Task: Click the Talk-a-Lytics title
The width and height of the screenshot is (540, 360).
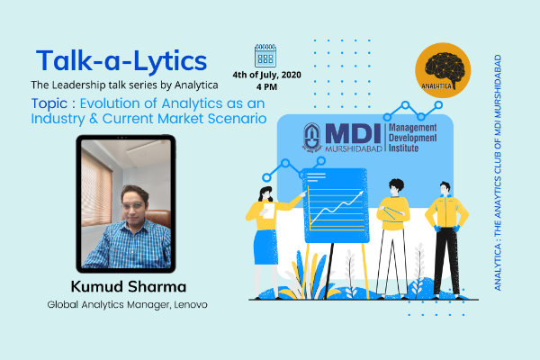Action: click(121, 61)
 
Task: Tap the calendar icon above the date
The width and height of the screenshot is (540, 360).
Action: click(265, 56)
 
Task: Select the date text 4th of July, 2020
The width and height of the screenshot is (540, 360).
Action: click(267, 75)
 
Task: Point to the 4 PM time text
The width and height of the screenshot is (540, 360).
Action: click(266, 86)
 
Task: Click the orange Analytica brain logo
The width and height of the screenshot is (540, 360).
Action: click(443, 70)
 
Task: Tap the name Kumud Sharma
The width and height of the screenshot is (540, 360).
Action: click(129, 286)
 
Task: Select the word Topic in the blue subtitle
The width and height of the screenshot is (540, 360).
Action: click(49, 103)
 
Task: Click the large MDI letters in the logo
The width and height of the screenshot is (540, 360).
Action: click(354, 134)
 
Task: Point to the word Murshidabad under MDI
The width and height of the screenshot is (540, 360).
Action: click(354, 148)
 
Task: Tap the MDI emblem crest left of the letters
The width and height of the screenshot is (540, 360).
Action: click(311, 138)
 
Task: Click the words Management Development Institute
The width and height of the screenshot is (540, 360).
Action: click(412, 138)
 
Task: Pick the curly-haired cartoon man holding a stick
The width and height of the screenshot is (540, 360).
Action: click(393, 238)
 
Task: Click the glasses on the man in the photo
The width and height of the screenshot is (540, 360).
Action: click(133, 206)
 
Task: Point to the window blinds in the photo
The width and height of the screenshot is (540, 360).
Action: click(96, 189)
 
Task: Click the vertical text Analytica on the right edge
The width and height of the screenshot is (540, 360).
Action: click(498, 265)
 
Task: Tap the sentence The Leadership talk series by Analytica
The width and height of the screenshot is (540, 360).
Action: click(124, 85)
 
